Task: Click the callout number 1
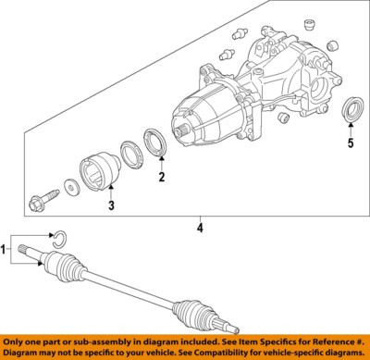(6, 251)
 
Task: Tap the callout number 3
(110, 205)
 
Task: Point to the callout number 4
(199, 226)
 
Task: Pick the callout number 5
(350, 143)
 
